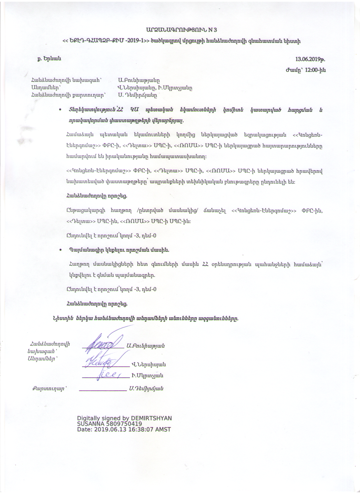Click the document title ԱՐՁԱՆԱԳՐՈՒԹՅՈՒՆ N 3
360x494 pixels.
click(x=181, y=30)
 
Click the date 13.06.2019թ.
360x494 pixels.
click(x=310, y=59)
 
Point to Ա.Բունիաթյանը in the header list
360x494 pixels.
click(x=139, y=80)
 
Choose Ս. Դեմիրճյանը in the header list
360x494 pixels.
click(x=138, y=95)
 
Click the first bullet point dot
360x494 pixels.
click(x=60, y=110)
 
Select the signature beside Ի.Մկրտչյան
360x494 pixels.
click(x=109, y=375)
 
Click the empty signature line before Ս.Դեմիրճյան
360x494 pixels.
click(x=103, y=390)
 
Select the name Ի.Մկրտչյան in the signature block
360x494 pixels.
click(x=147, y=376)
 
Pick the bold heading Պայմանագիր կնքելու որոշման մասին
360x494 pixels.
click(x=119, y=250)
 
